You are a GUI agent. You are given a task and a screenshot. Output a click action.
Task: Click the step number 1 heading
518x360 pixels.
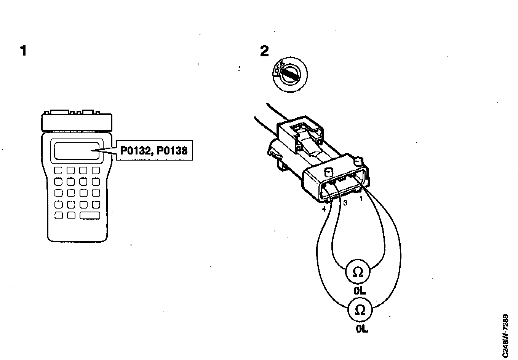click(x=24, y=51)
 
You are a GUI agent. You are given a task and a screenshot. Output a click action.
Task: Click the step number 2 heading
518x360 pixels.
click(x=264, y=51)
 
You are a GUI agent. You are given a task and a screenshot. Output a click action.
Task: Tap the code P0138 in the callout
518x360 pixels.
click(x=173, y=150)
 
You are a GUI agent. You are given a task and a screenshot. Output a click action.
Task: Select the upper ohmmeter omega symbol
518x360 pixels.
click(x=358, y=272)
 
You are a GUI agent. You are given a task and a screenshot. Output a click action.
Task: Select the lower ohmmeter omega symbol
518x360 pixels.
click(x=360, y=311)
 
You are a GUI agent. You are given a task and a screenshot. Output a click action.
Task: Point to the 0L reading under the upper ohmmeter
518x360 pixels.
click(x=360, y=291)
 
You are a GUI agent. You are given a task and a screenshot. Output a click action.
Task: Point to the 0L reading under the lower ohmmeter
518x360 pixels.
click(x=362, y=329)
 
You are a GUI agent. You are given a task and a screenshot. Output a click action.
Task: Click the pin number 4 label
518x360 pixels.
click(x=324, y=209)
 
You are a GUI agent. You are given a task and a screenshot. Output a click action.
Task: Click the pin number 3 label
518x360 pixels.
click(x=345, y=203)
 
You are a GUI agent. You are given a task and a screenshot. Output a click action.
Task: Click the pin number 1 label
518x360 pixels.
click(x=361, y=198)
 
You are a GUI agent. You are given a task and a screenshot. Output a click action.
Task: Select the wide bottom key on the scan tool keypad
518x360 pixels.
click(x=90, y=216)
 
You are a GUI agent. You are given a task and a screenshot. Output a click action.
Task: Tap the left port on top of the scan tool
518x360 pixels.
click(x=58, y=112)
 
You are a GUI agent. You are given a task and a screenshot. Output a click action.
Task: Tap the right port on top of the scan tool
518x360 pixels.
click(x=88, y=112)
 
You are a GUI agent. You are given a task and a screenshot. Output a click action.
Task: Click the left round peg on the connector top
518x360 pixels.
click(x=328, y=172)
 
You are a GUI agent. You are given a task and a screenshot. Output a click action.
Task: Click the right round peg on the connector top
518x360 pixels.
click(x=358, y=161)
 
